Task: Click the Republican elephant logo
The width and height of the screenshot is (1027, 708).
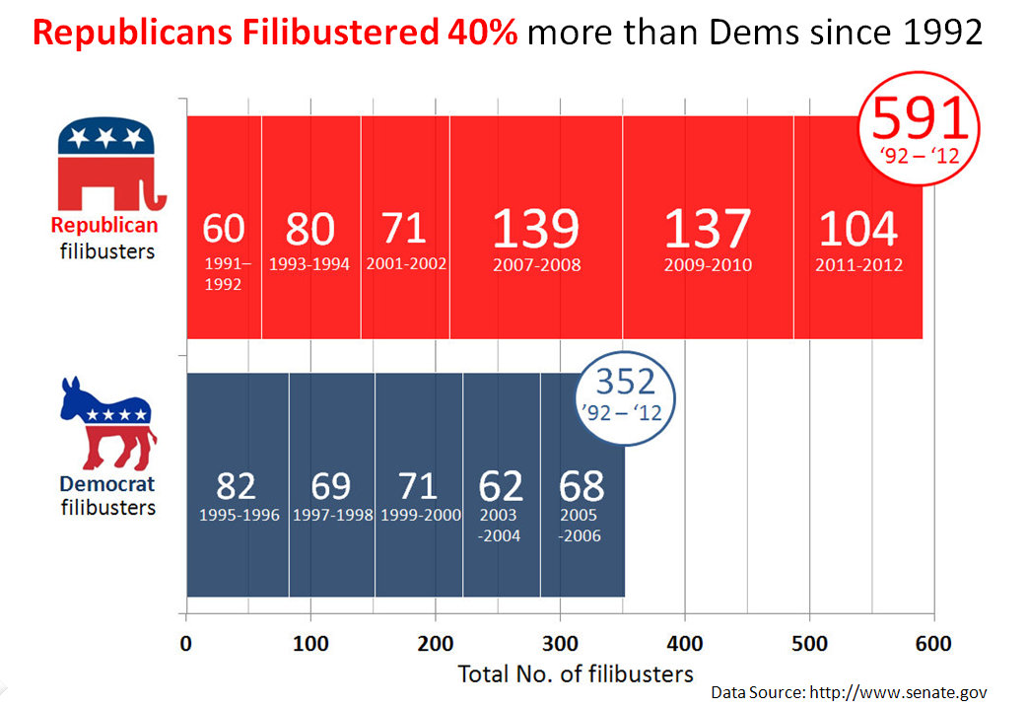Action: pyautogui.click(x=107, y=166)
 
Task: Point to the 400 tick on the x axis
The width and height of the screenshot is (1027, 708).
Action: pyautogui.click(x=685, y=644)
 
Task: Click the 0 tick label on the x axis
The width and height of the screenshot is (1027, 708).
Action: pyautogui.click(x=186, y=644)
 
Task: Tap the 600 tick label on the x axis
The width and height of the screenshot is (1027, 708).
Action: pyautogui.click(x=933, y=644)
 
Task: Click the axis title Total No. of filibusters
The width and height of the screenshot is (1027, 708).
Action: pyautogui.click(x=576, y=674)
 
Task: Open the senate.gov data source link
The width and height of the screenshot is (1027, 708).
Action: pyautogui.click(x=898, y=692)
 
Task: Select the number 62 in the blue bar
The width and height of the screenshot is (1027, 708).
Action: pyautogui.click(x=501, y=486)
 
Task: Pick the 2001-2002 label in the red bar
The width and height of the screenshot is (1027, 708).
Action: pyautogui.click(x=404, y=264)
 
